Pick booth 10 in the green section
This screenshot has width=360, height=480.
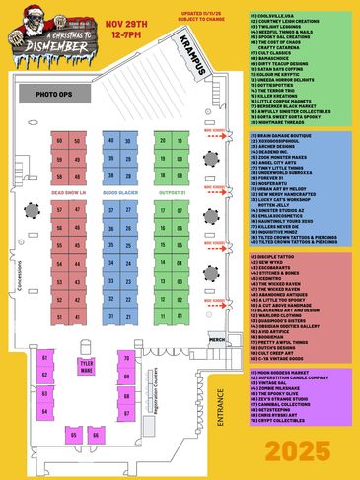tap(180, 141)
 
